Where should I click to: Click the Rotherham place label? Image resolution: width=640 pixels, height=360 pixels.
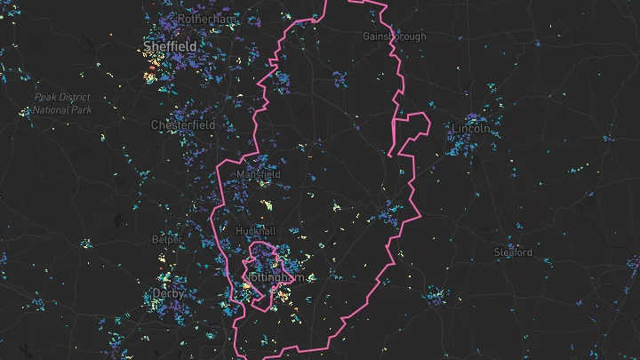click(206, 19)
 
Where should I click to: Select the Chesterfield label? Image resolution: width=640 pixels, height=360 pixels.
click(183, 125)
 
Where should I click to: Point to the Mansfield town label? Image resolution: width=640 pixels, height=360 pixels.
click(258, 175)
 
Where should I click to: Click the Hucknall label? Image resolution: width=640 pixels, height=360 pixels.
click(256, 230)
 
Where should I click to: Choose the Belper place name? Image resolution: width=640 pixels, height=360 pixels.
click(168, 240)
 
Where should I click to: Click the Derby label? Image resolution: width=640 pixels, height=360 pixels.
click(168, 292)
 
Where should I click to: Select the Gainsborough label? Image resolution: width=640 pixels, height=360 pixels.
click(395, 36)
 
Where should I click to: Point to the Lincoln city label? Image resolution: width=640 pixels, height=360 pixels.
click(470, 129)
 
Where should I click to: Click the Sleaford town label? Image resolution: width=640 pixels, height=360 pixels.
click(513, 252)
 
